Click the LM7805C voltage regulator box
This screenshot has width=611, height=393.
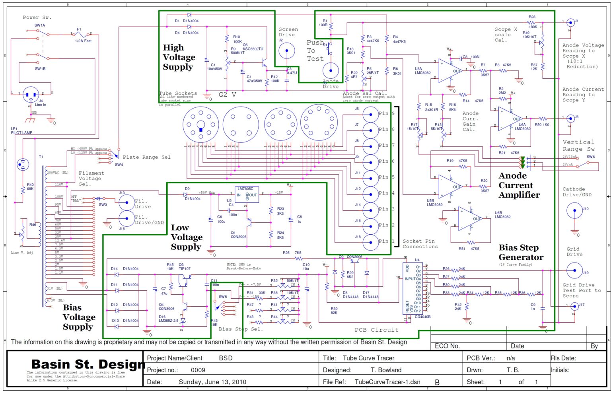[x=247, y=195]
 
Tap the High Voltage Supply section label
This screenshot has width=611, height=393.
[x=179, y=57]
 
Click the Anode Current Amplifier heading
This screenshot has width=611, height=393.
[x=519, y=185]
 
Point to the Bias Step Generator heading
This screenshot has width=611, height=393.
[x=521, y=253]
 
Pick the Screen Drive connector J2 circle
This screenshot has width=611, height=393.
[x=286, y=51]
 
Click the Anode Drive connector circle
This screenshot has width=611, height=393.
[x=330, y=70]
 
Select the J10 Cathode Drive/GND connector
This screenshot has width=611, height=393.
[x=574, y=211]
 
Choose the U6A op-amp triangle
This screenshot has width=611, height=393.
[x=510, y=119]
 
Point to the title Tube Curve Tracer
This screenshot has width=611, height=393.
[x=368, y=358]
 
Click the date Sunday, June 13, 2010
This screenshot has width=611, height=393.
[x=212, y=382]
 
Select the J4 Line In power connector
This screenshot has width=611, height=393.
[x=31, y=95]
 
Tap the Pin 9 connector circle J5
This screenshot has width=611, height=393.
[x=370, y=114]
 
